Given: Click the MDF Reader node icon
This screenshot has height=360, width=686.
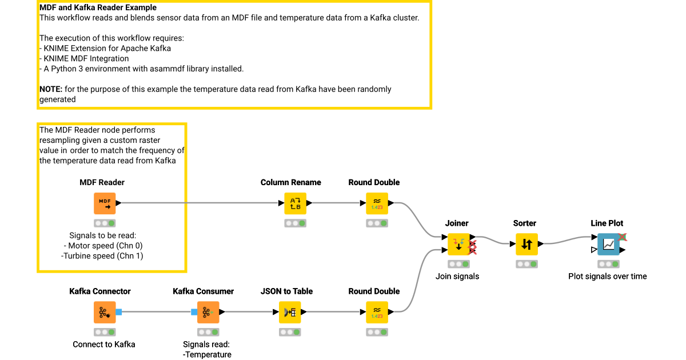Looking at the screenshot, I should pyautogui.click(x=105, y=203).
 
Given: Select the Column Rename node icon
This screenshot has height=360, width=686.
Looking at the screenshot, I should pyautogui.click(x=295, y=203).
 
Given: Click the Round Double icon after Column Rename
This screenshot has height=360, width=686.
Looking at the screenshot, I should pyautogui.click(x=377, y=203).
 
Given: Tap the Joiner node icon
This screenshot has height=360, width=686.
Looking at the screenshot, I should pyautogui.click(x=458, y=244).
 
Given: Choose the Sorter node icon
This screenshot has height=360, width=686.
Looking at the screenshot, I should pyautogui.click(x=527, y=244).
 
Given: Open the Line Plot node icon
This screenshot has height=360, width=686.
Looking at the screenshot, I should pyautogui.click(x=608, y=244).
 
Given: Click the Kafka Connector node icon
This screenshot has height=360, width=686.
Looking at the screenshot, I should pyautogui.click(x=105, y=312).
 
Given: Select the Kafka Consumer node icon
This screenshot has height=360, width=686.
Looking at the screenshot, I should pyautogui.click(x=208, y=312).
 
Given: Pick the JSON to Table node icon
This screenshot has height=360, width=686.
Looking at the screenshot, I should pyautogui.click(x=290, y=312).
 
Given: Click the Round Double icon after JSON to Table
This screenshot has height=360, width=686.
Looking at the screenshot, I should pyautogui.click(x=377, y=312).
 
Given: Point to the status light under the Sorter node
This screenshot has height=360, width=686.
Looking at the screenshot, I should pyautogui.click(x=527, y=264).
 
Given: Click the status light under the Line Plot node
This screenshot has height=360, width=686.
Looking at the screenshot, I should pyautogui.click(x=608, y=264).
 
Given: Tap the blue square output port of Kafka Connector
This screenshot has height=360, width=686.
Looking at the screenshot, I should pyautogui.click(x=119, y=312).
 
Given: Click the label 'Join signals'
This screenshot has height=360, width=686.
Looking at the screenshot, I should pyautogui.click(x=457, y=276).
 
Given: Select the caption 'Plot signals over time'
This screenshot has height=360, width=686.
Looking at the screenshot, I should pyautogui.click(x=607, y=276).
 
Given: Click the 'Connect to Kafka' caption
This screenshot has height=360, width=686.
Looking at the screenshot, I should pyautogui.click(x=104, y=344).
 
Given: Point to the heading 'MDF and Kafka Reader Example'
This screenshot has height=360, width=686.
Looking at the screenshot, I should pyautogui.click(x=98, y=8).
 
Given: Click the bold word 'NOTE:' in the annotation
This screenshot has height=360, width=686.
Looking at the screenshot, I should pyautogui.click(x=51, y=89).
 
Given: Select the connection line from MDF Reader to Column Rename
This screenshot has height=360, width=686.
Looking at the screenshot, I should pyautogui.click(x=200, y=203).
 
